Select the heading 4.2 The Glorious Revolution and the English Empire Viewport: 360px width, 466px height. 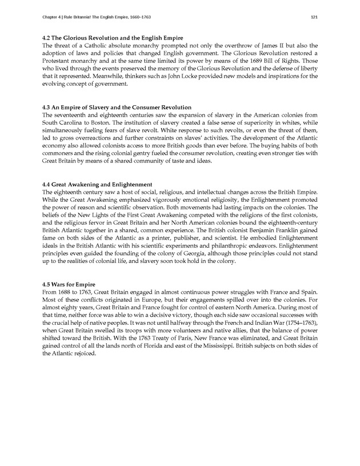pos(105,37)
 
